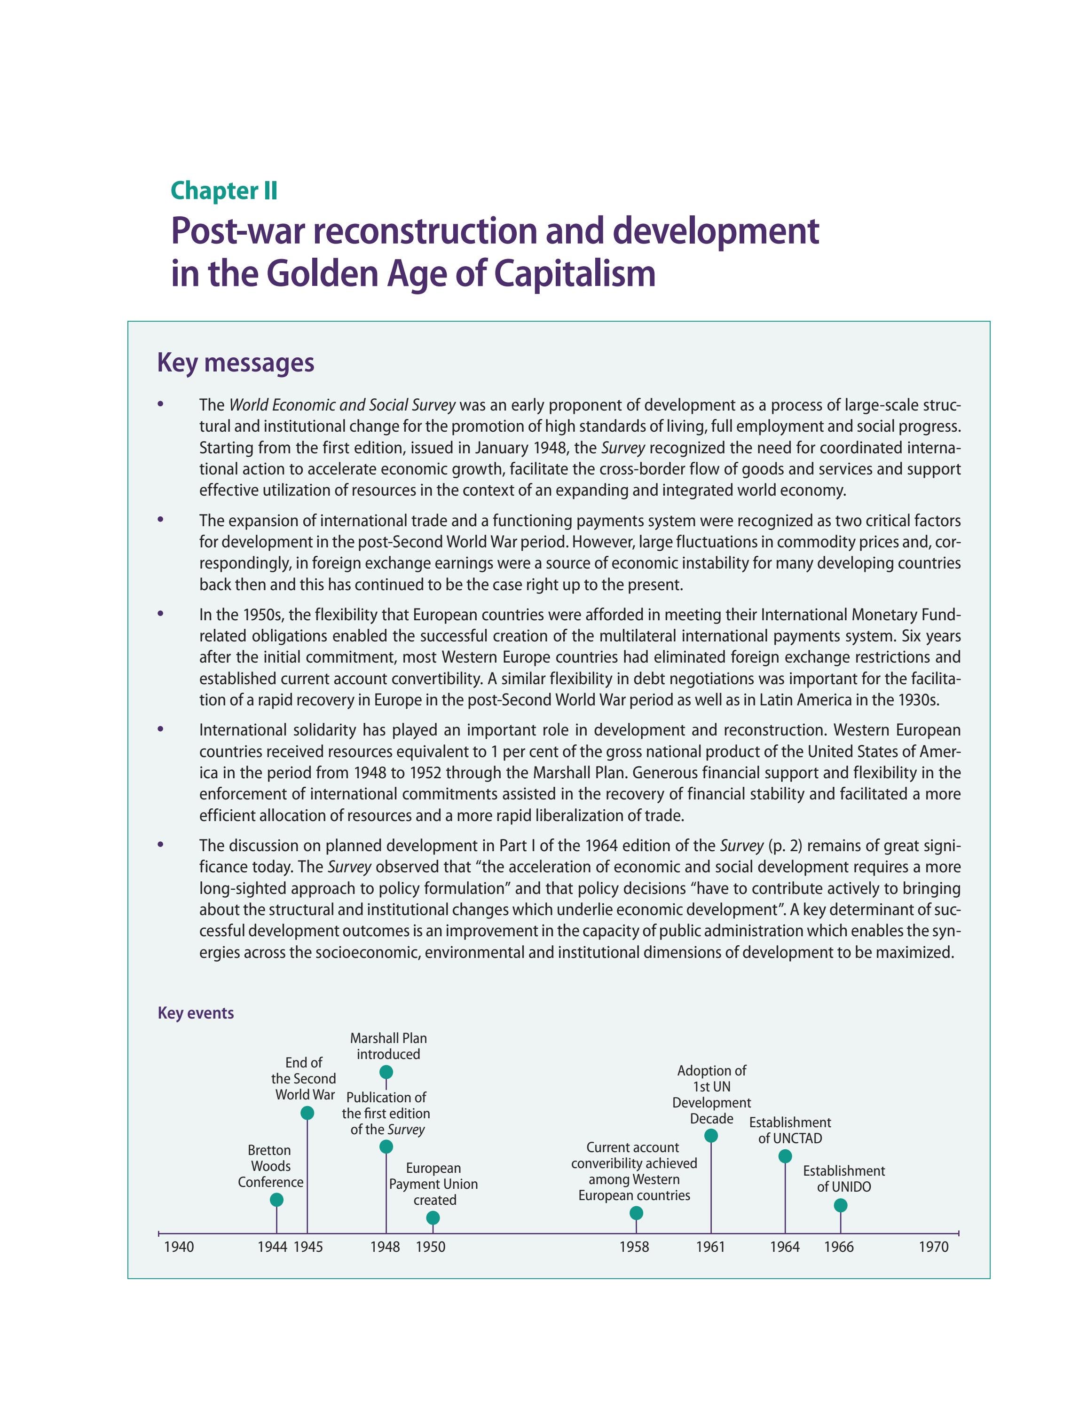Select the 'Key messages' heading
tap(236, 363)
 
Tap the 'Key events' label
tap(195, 1013)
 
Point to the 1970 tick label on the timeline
tap(933, 1247)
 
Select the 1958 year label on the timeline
tap(634, 1247)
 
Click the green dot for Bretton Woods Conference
tap(276, 1200)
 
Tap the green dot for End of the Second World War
tap(307, 1113)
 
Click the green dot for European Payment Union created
tap(433, 1217)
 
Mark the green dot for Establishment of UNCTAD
tap(785, 1156)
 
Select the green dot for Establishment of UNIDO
tap(840, 1205)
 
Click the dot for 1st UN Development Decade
tap(711, 1136)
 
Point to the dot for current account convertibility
tap(636, 1213)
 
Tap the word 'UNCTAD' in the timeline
tap(797, 1138)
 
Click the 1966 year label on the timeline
tap(839, 1247)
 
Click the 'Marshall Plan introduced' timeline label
tap(388, 1046)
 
